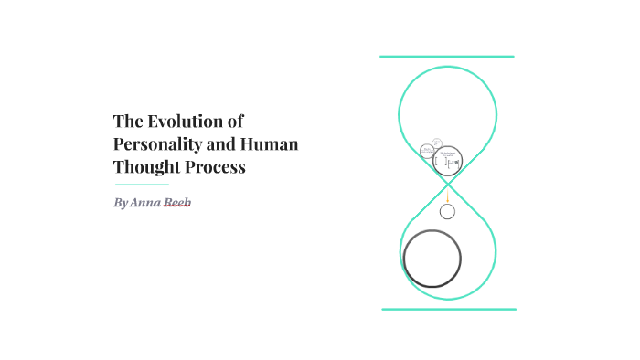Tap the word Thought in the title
click(146, 167)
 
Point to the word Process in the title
click(216, 167)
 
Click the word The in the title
click(126, 121)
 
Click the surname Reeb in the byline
click(177, 202)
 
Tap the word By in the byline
click(122, 202)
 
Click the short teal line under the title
click(141, 185)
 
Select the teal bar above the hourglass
click(447, 57)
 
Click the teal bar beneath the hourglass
click(448, 310)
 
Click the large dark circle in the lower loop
click(432, 258)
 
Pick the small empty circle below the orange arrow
click(447, 212)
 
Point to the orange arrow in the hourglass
click(447, 196)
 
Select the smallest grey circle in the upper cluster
click(437, 142)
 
